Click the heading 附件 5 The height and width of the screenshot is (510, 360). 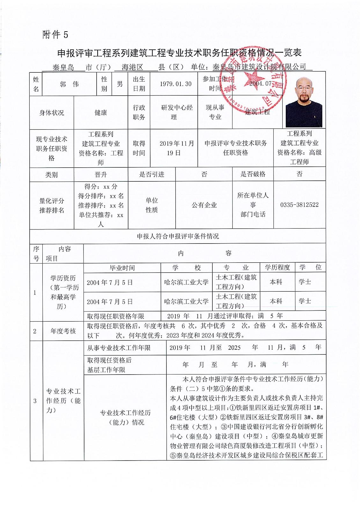55,35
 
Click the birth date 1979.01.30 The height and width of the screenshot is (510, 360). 175,84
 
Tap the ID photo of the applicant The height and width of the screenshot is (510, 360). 304,102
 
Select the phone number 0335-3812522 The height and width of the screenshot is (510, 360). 299,205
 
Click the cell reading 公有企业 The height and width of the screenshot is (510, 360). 204,205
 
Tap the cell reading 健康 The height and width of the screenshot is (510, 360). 101,113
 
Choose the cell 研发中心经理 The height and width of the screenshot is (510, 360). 177,112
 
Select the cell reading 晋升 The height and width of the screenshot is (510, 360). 101,174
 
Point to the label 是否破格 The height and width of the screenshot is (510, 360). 253,174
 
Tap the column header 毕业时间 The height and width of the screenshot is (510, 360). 122,268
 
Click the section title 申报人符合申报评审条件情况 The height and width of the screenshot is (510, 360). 178,236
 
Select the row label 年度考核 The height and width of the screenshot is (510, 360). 63,331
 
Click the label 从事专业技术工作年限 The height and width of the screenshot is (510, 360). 119,348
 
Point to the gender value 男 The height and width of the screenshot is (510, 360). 120,84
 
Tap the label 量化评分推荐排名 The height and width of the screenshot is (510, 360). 52,206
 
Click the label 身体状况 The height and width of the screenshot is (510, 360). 52,113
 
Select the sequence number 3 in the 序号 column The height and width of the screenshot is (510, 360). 35,401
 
